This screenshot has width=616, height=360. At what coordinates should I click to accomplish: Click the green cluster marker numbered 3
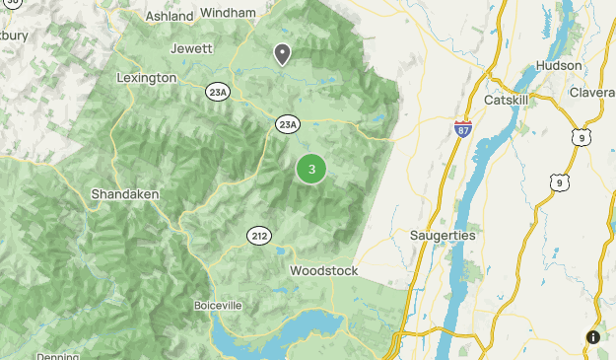[312, 170]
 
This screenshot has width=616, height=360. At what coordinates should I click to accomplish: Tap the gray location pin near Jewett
[283, 54]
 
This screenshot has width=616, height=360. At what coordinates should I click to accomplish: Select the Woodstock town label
[323, 270]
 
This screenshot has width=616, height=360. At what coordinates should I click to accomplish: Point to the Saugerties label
[443, 236]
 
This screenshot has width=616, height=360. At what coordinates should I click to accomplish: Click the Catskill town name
[509, 101]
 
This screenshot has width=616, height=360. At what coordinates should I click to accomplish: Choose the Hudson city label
[552, 65]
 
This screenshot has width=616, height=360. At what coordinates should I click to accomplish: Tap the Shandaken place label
[125, 194]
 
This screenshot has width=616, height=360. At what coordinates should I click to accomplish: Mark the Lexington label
[146, 77]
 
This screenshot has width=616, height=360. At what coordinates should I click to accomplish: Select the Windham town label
[228, 13]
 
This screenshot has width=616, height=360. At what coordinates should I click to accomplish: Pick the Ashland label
[170, 17]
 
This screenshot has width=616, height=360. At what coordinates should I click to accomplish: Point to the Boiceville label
[218, 305]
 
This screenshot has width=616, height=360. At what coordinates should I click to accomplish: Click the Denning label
[57, 356]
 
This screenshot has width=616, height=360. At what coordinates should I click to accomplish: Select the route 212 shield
[259, 236]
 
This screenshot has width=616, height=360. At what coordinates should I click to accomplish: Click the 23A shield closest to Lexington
[218, 92]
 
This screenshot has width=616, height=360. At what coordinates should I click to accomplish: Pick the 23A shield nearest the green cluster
[287, 124]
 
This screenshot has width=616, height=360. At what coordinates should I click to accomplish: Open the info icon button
[592, 337]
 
